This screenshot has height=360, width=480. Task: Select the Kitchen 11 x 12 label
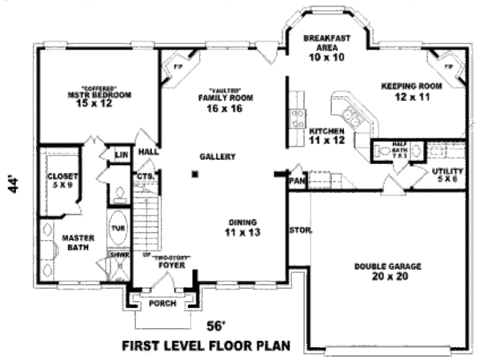tap(326, 135)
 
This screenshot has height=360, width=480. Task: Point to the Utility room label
tap(446, 174)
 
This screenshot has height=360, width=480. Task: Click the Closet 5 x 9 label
tap(61, 180)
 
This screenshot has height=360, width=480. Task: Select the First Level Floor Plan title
tap(205, 346)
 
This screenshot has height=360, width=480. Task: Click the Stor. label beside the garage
tap(301, 231)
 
